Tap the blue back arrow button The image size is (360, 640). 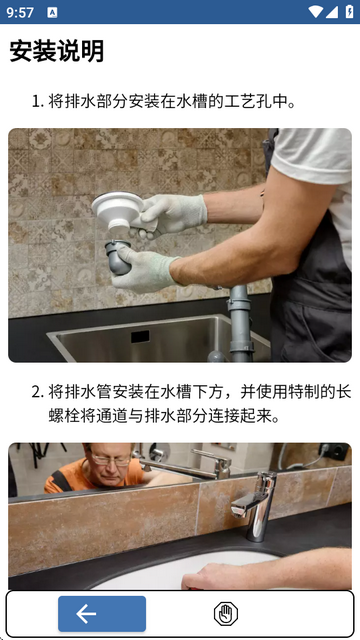coord(101,614)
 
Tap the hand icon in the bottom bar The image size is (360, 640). coord(226,614)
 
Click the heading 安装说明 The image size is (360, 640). coord(57,52)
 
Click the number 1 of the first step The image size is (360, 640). coord(36,102)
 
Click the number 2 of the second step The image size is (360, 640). coord(36,391)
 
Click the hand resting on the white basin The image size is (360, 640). coord(225,575)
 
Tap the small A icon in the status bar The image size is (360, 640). coord(52,12)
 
